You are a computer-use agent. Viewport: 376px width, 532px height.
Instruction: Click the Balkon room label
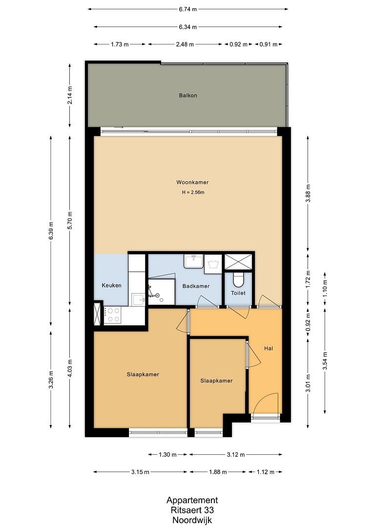click(x=188, y=95)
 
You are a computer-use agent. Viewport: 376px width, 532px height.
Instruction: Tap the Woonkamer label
click(x=192, y=182)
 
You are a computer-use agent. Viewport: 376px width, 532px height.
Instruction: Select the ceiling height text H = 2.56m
click(x=193, y=192)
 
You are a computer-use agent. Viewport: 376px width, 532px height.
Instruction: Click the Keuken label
click(x=111, y=285)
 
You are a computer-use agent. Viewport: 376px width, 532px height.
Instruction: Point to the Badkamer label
click(x=196, y=286)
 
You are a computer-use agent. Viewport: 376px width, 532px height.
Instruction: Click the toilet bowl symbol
click(x=238, y=279)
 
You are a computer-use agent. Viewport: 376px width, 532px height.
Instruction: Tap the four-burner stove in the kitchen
click(x=113, y=315)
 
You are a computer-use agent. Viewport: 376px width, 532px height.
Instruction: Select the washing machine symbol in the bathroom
click(x=213, y=264)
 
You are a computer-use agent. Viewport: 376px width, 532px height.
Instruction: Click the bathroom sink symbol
click(x=193, y=261)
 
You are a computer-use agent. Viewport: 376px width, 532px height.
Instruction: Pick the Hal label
click(x=269, y=348)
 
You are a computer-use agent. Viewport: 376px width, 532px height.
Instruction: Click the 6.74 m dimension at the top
click(x=188, y=9)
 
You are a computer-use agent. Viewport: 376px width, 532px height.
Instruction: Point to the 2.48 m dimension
click(x=185, y=44)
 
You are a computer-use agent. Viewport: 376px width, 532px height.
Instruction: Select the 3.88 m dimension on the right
click(x=308, y=193)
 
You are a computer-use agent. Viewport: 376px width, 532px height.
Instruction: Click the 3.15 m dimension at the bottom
click(x=140, y=472)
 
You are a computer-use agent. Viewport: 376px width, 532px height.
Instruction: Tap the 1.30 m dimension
click(x=167, y=455)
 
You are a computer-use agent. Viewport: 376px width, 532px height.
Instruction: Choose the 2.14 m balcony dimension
click(x=70, y=95)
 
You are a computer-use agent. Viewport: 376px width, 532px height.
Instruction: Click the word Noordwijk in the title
click(x=192, y=520)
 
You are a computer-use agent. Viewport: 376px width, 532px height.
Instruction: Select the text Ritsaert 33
click(x=192, y=510)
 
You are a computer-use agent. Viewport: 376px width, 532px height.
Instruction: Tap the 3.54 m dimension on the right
click(x=325, y=361)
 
